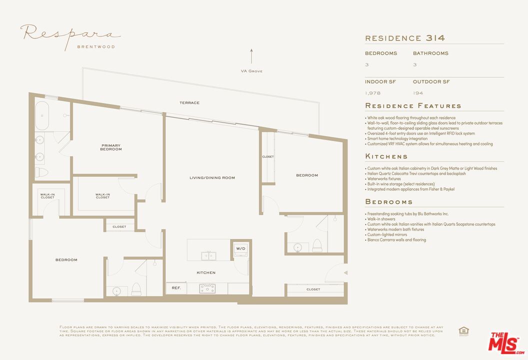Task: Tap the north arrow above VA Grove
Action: click(x=251, y=56)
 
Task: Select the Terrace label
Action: click(x=189, y=103)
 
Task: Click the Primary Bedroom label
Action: click(x=111, y=147)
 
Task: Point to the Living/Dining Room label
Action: click(x=212, y=178)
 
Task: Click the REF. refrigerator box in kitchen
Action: click(x=176, y=288)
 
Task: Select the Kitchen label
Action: click(x=206, y=272)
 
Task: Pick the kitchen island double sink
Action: click(x=209, y=256)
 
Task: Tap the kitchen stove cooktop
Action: click(x=207, y=288)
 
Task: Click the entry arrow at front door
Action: click(x=345, y=272)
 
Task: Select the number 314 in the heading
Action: click(x=435, y=38)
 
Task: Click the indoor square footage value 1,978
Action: click(x=373, y=93)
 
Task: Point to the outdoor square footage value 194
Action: click(x=417, y=93)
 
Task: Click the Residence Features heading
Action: click(x=413, y=106)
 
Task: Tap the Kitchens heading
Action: click(x=386, y=156)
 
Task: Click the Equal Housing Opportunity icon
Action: click(x=462, y=330)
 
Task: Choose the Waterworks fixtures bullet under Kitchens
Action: click(x=384, y=179)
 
